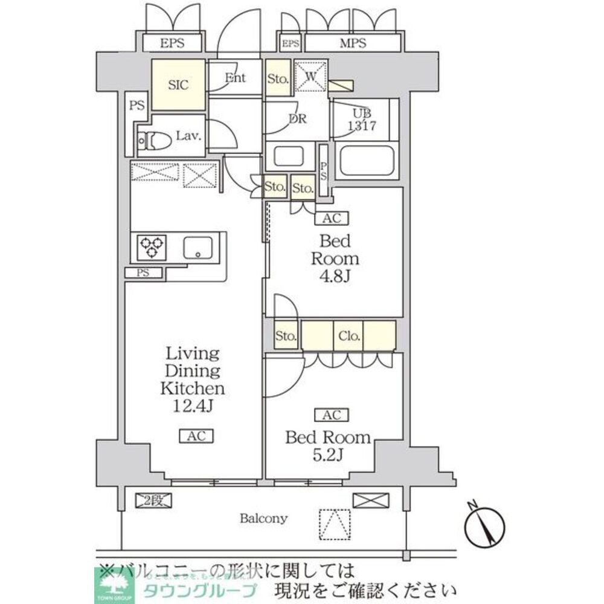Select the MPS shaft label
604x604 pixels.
(352, 43)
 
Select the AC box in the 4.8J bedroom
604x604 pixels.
(331, 218)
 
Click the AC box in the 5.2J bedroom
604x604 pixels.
(331, 415)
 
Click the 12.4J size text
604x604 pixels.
(192, 406)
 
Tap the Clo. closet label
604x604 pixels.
(349, 336)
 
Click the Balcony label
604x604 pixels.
(263, 518)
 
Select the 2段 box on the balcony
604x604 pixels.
(154, 500)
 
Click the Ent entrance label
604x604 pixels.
(236, 78)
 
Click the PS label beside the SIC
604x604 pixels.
(137, 105)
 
